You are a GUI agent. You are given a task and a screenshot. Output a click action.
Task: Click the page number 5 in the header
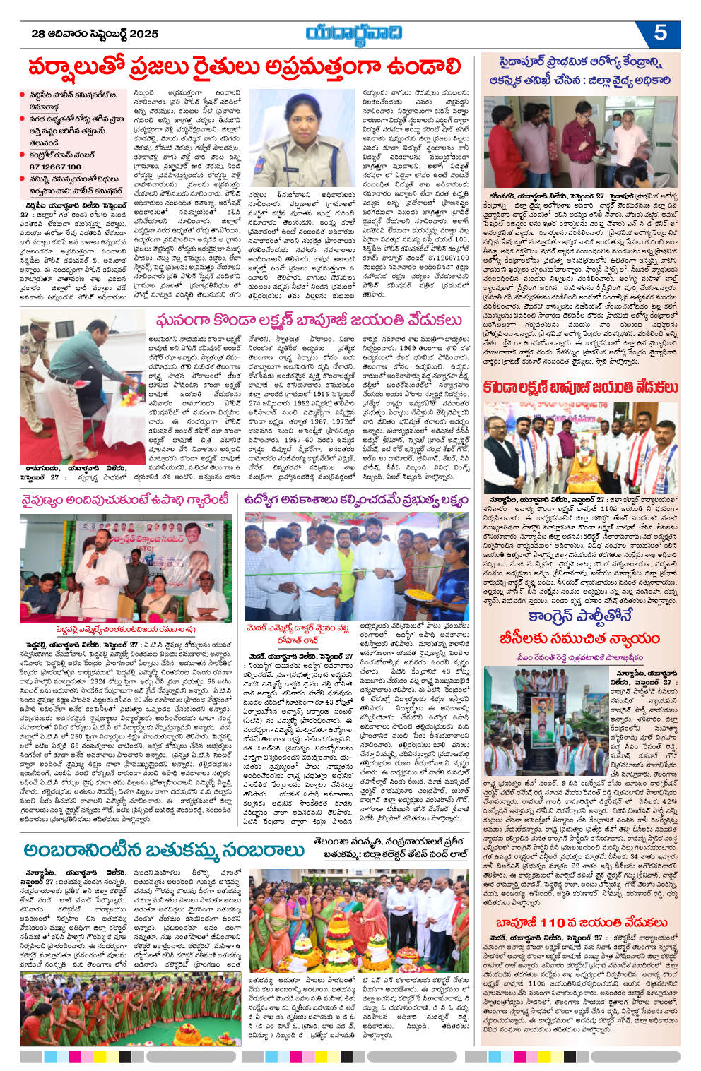(660, 32)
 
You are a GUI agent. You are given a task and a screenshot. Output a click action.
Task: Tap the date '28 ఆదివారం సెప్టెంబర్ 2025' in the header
(95, 33)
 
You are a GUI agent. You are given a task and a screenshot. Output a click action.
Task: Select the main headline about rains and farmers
(245, 68)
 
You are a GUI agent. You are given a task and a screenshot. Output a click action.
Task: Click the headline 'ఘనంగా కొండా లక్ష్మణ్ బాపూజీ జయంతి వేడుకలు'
(309, 321)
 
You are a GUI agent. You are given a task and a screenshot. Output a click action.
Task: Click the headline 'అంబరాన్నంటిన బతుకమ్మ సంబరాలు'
(163, 849)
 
